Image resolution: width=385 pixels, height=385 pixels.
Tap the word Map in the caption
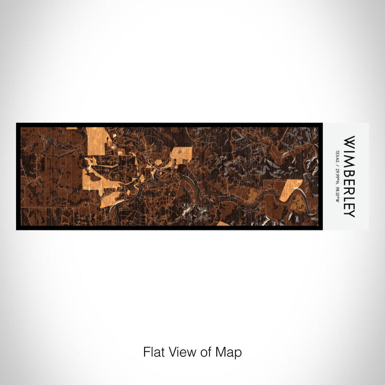pos(230,351)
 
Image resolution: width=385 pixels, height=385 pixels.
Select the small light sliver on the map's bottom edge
pos(223,223)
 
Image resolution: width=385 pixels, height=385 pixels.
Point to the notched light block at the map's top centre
pos(181,155)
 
